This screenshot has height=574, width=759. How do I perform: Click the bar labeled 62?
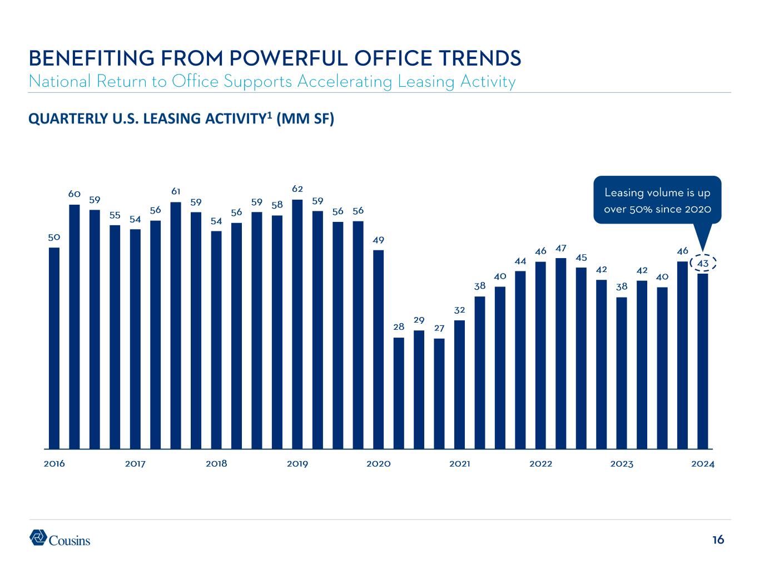point(297,324)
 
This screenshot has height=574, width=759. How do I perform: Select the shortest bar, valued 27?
point(439,393)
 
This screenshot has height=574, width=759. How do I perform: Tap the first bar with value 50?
point(54,348)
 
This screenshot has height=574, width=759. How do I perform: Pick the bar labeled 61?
point(176,325)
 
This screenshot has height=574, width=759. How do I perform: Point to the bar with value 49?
point(378,349)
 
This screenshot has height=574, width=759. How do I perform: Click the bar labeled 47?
point(561,353)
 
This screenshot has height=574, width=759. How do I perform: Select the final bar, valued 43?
point(703,360)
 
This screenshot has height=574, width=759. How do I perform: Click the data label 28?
point(399,327)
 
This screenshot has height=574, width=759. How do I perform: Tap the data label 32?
point(459,309)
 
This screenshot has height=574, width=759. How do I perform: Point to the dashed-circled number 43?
point(702,263)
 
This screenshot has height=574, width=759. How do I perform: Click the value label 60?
point(75,194)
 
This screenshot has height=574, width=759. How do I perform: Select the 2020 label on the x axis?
point(379,464)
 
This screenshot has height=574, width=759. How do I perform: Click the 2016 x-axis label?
point(54,464)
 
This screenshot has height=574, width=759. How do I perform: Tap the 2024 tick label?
point(703,464)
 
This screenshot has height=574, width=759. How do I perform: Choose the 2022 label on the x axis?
point(540,464)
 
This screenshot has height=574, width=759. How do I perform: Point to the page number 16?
point(718,540)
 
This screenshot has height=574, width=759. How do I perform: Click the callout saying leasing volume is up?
point(657,200)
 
